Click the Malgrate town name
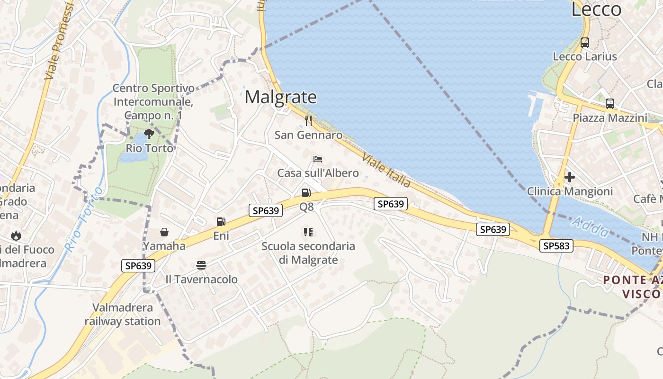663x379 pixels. pos(280,97)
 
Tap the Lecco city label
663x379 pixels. pos(596,9)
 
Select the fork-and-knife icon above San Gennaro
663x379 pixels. pos(308,121)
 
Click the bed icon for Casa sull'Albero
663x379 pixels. pos(318,159)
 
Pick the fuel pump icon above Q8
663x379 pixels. pos(306,193)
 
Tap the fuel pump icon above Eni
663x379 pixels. pos(221,221)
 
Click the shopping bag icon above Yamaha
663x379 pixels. pos(164,232)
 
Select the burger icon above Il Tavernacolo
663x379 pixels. pos(201,265)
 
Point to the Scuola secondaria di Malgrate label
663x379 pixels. pos(308,253)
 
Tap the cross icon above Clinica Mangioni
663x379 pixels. pos(570,177)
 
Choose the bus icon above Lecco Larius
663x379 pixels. pos(585,43)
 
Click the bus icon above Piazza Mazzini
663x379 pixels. pos(609,103)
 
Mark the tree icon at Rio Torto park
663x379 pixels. pos(149,134)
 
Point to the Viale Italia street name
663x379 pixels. pos(386,170)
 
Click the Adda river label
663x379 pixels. pos(590,227)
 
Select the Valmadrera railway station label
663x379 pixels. pos(123,314)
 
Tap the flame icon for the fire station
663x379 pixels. pos(16,235)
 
